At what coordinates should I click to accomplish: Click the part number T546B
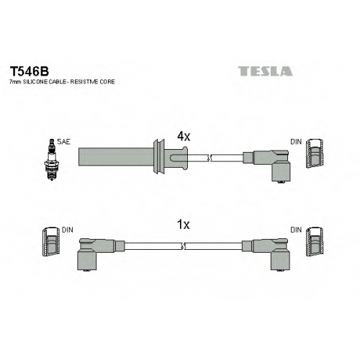pos(29,71)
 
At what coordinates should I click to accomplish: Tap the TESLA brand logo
pos(266,71)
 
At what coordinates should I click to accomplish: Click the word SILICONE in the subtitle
pos(35,82)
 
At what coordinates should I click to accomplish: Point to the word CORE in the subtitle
pos(107,82)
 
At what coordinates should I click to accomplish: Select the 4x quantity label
pos(184,137)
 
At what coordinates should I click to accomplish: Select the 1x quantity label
pos(183,225)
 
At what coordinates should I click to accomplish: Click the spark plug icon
pos(51,160)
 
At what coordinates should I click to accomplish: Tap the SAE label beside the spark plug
pos(63,142)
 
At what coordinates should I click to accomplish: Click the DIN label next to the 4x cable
pos(296,142)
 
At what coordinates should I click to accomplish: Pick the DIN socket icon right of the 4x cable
pos(315,153)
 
